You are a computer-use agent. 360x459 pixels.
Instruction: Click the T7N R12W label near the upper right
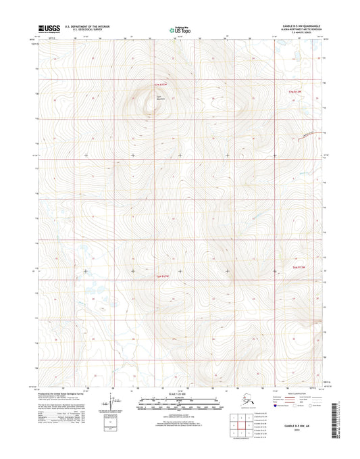pos(296,90)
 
